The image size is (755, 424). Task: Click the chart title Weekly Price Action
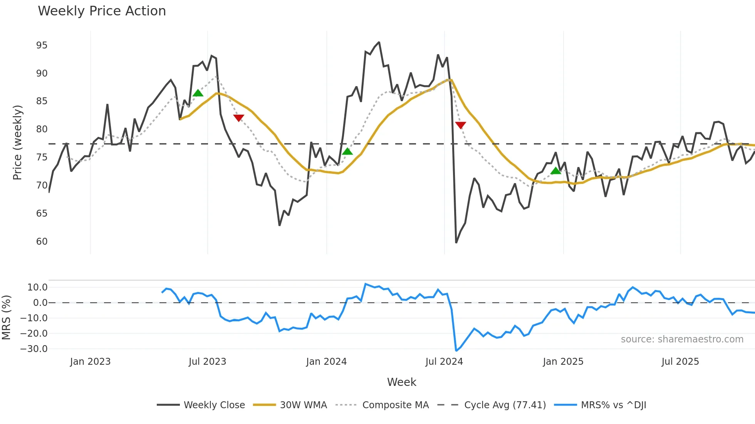[x=102, y=11]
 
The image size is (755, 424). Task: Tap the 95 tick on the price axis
[x=42, y=45]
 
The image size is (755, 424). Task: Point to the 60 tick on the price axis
[x=42, y=242]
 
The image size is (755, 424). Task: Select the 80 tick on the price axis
[x=42, y=129]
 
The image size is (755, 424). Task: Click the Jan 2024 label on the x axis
[x=326, y=362]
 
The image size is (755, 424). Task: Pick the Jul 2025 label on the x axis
[x=680, y=362]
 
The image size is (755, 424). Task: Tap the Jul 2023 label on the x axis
[x=207, y=362]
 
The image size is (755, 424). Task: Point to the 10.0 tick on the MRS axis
[x=37, y=287]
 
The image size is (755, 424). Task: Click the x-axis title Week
[x=401, y=382]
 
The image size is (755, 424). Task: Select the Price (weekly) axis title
[x=18, y=142]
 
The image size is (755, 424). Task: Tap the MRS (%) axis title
[x=6, y=317]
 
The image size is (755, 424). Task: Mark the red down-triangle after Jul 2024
[x=460, y=125]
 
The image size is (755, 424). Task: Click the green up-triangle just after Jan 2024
[x=347, y=152]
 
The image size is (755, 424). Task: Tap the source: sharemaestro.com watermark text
[x=682, y=339]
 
